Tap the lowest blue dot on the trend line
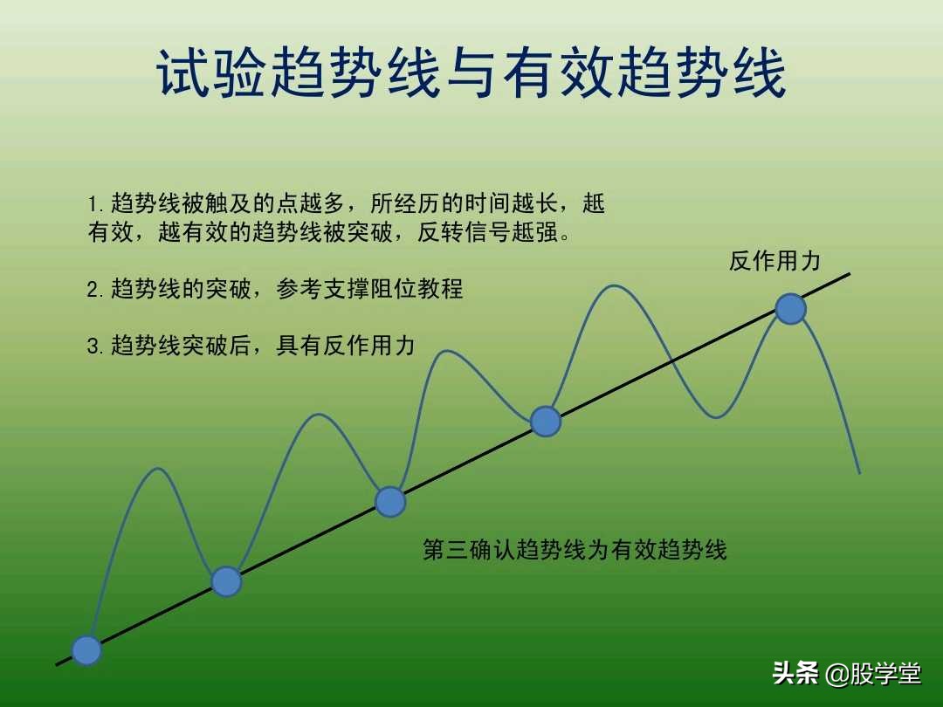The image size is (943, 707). [86, 650]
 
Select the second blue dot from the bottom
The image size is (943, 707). [226, 581]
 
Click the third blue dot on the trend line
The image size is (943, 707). [390, 502]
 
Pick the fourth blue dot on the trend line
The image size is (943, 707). [546, 422]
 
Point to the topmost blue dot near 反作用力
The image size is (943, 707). [791, 309]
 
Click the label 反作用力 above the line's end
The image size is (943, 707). [774, 261]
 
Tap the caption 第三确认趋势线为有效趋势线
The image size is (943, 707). [575, 550]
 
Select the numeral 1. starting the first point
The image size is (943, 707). [95, 205]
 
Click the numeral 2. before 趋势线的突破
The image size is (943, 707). [95, 290]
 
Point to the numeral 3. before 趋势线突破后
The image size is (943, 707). [95, 347]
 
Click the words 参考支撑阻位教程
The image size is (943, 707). [370, 290]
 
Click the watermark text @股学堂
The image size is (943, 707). [873, 674]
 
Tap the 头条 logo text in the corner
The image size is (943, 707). [795, 674]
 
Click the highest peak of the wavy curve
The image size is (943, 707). [615, 285]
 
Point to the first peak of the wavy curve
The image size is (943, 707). [158, 469]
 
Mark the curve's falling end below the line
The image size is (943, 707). [859, 472]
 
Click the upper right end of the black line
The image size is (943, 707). [849, 274]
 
